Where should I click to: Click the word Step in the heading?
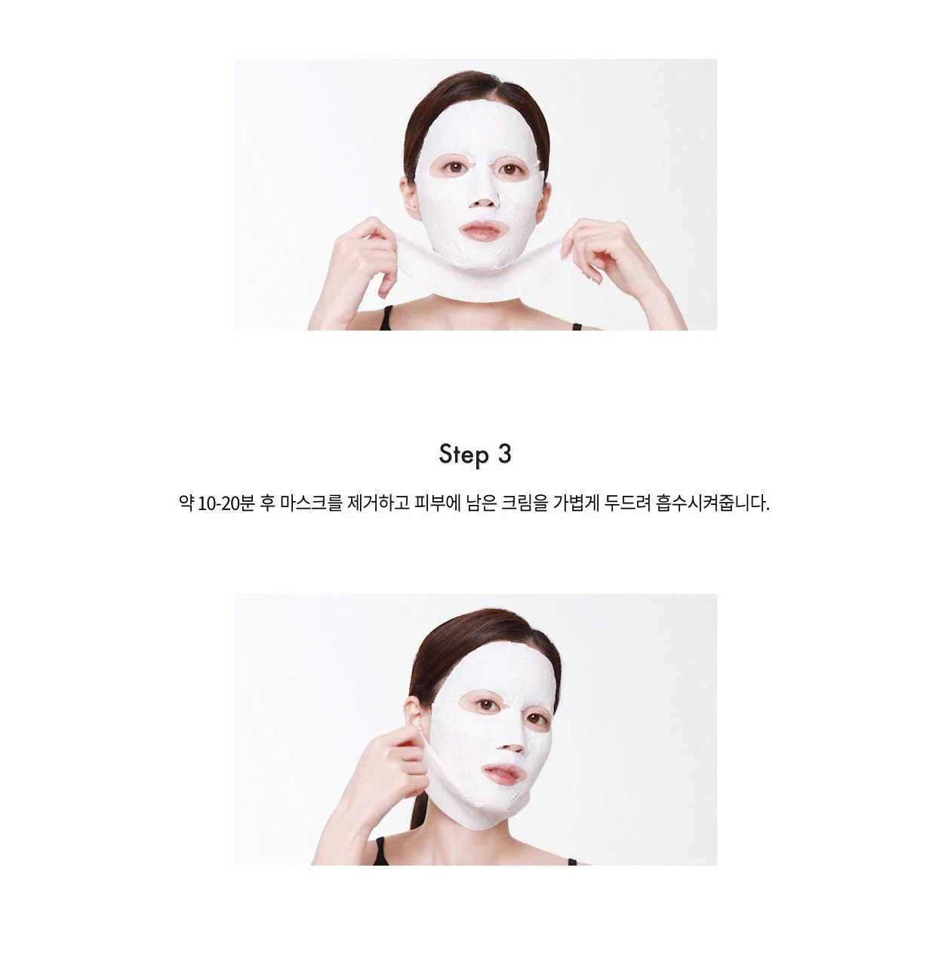463,455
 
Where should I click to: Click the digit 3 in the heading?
505,454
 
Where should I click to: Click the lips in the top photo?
482,231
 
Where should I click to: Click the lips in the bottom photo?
503,774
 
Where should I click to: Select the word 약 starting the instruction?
186,503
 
